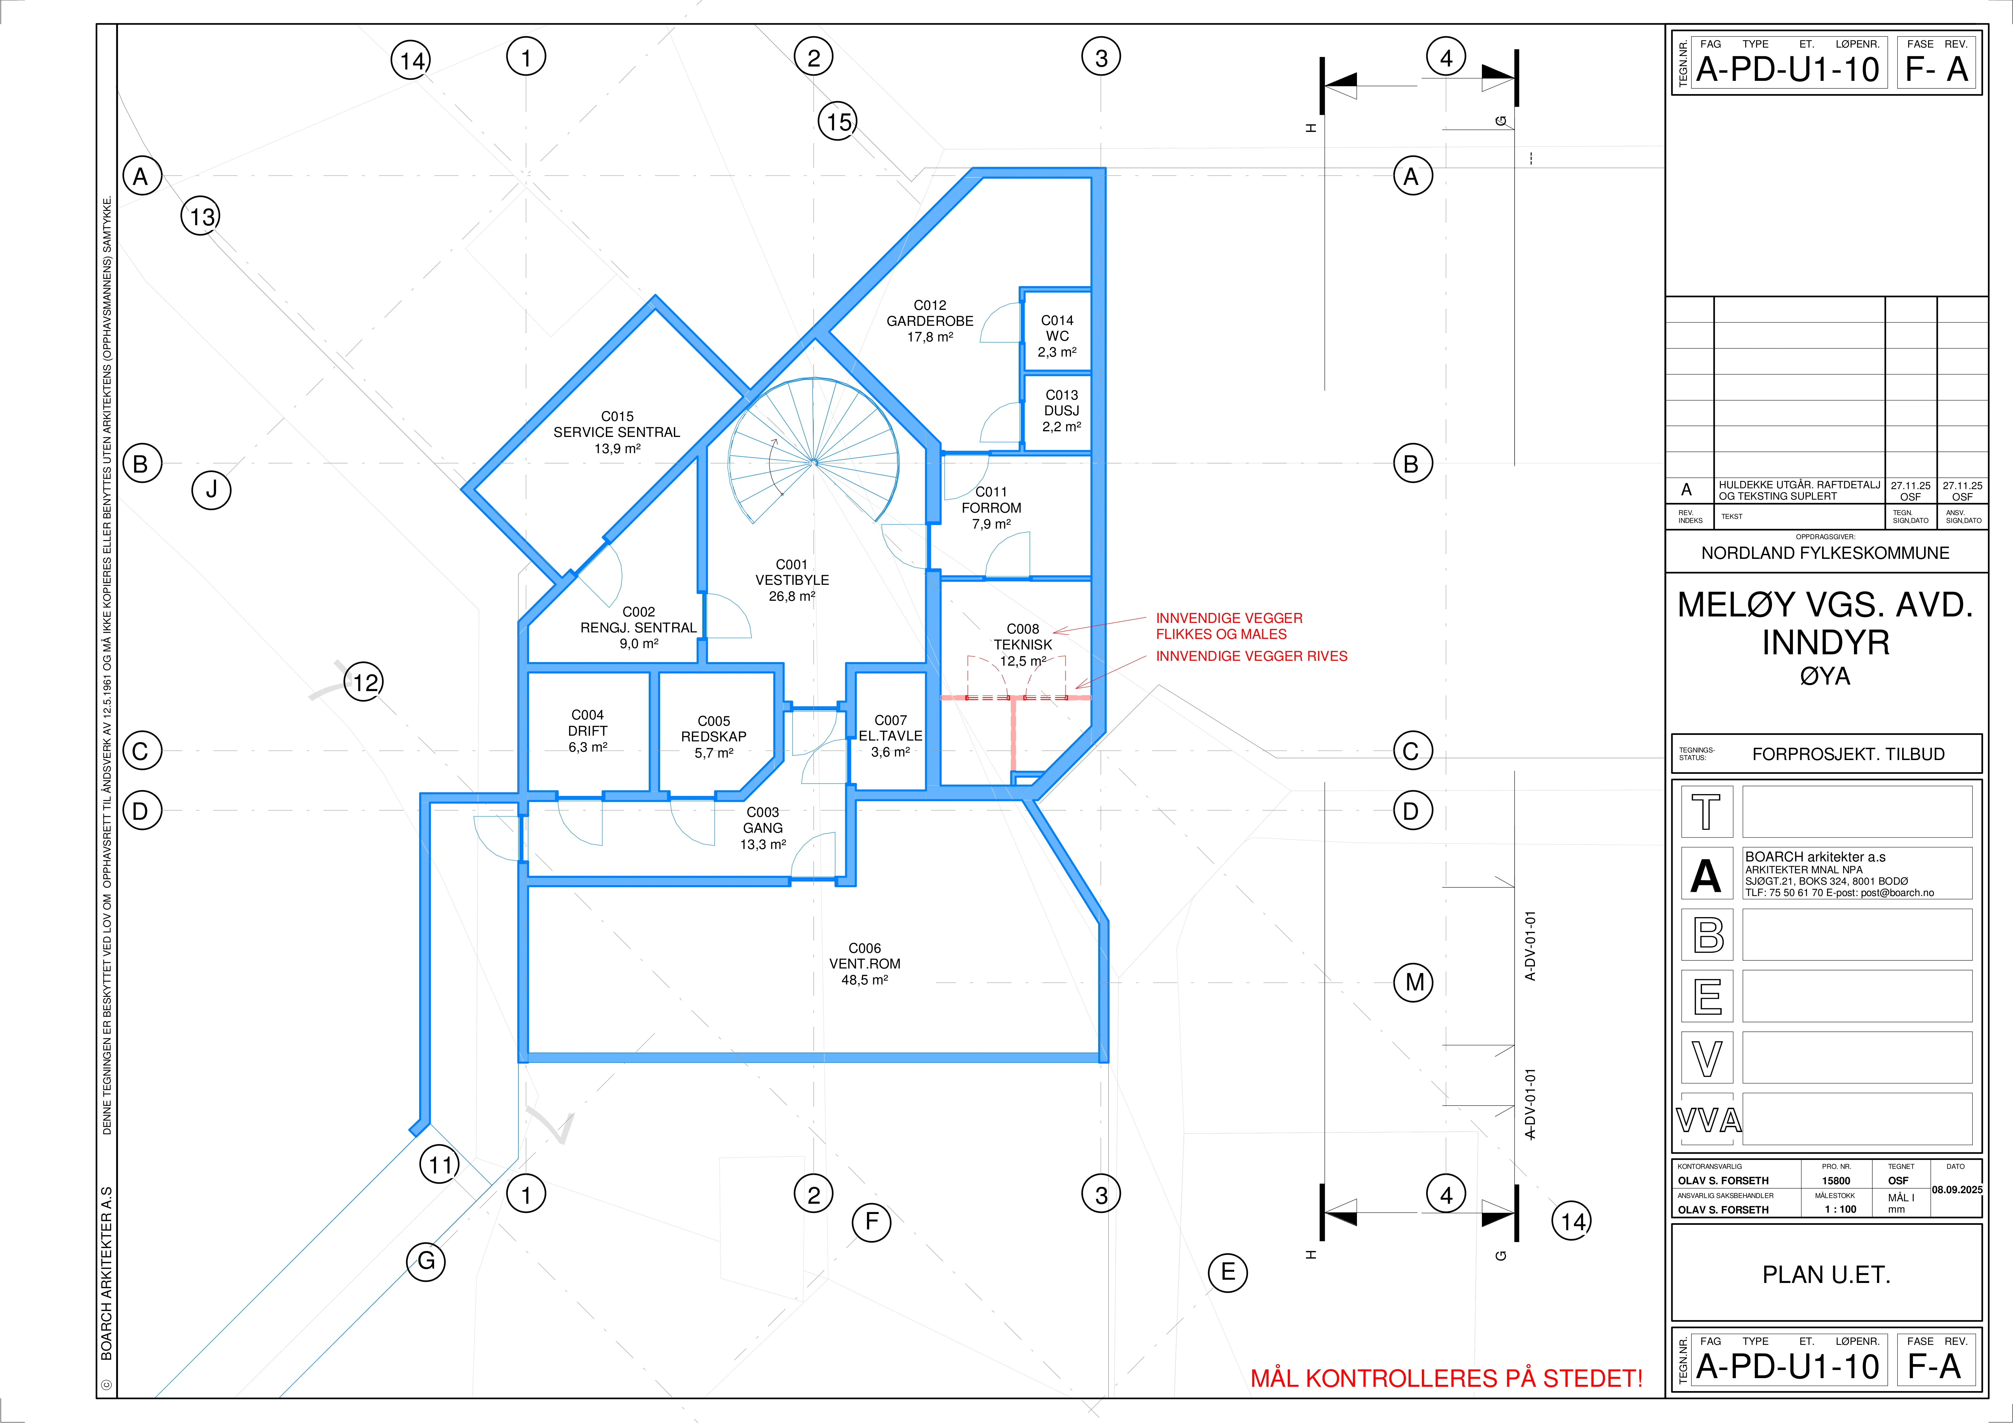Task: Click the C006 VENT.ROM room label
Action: tap(865, 964)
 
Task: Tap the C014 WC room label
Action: tap(1057, 336)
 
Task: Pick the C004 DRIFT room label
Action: tap(587, 730)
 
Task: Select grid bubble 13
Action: tap(201, 216)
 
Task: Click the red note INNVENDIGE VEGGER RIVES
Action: tap(1251, 656)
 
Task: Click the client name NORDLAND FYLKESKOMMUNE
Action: tap(1825, 553)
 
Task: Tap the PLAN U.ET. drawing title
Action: tap(1826, 1275)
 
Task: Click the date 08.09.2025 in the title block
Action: tap(1957, 1190)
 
